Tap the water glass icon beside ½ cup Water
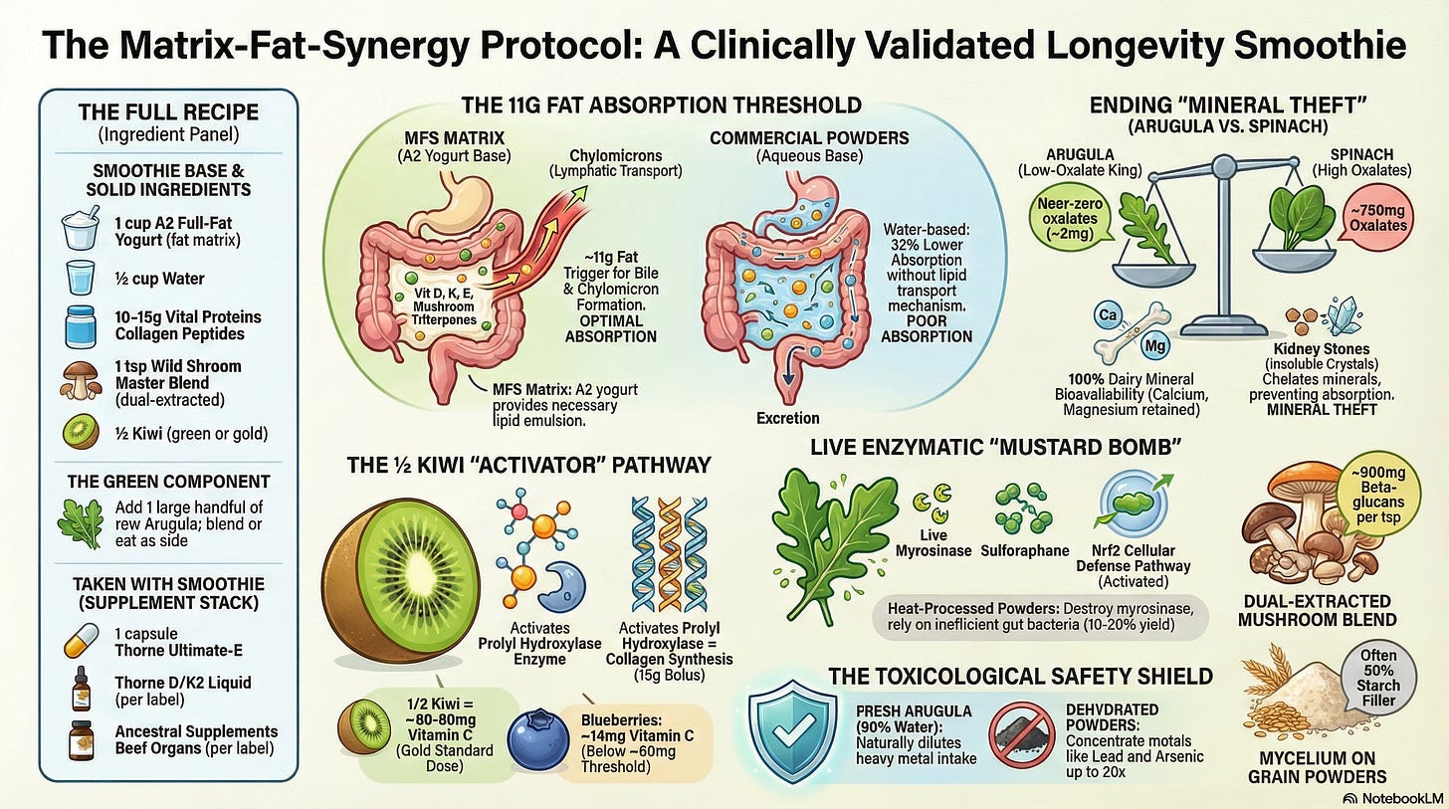(81, 278)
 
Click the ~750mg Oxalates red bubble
(1380, 218)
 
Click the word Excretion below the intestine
(787, 418)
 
